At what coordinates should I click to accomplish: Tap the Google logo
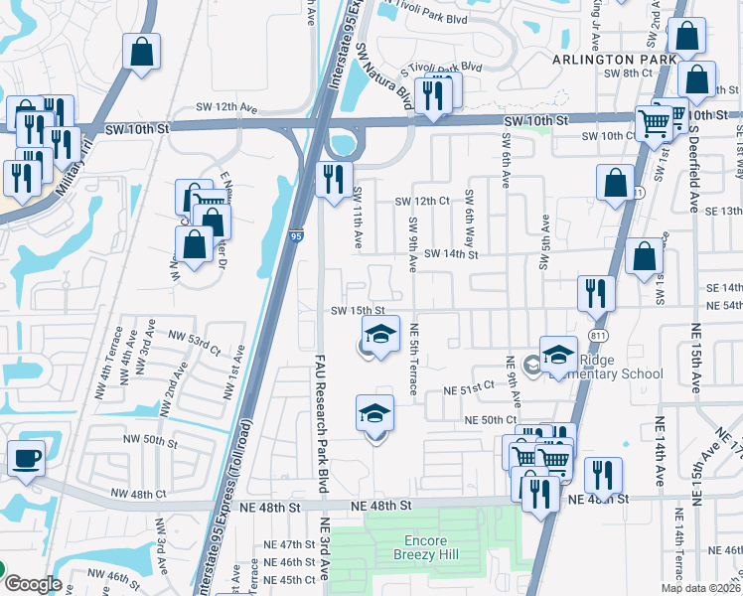[32, 583]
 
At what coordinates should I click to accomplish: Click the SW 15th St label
[358, 311]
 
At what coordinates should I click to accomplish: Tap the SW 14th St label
[451, 254]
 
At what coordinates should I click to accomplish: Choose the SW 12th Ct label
[422, 201]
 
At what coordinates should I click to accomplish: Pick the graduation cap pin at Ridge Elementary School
[558, 355]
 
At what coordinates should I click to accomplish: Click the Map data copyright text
[700, 588]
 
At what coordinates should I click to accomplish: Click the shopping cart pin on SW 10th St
[655, 123]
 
